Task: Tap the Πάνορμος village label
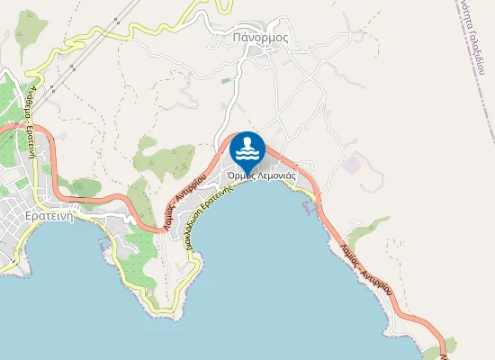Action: [x=259, y=38]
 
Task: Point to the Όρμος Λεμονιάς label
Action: [x=263, y=177]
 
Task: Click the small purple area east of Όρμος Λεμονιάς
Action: [x=350, y=166]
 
